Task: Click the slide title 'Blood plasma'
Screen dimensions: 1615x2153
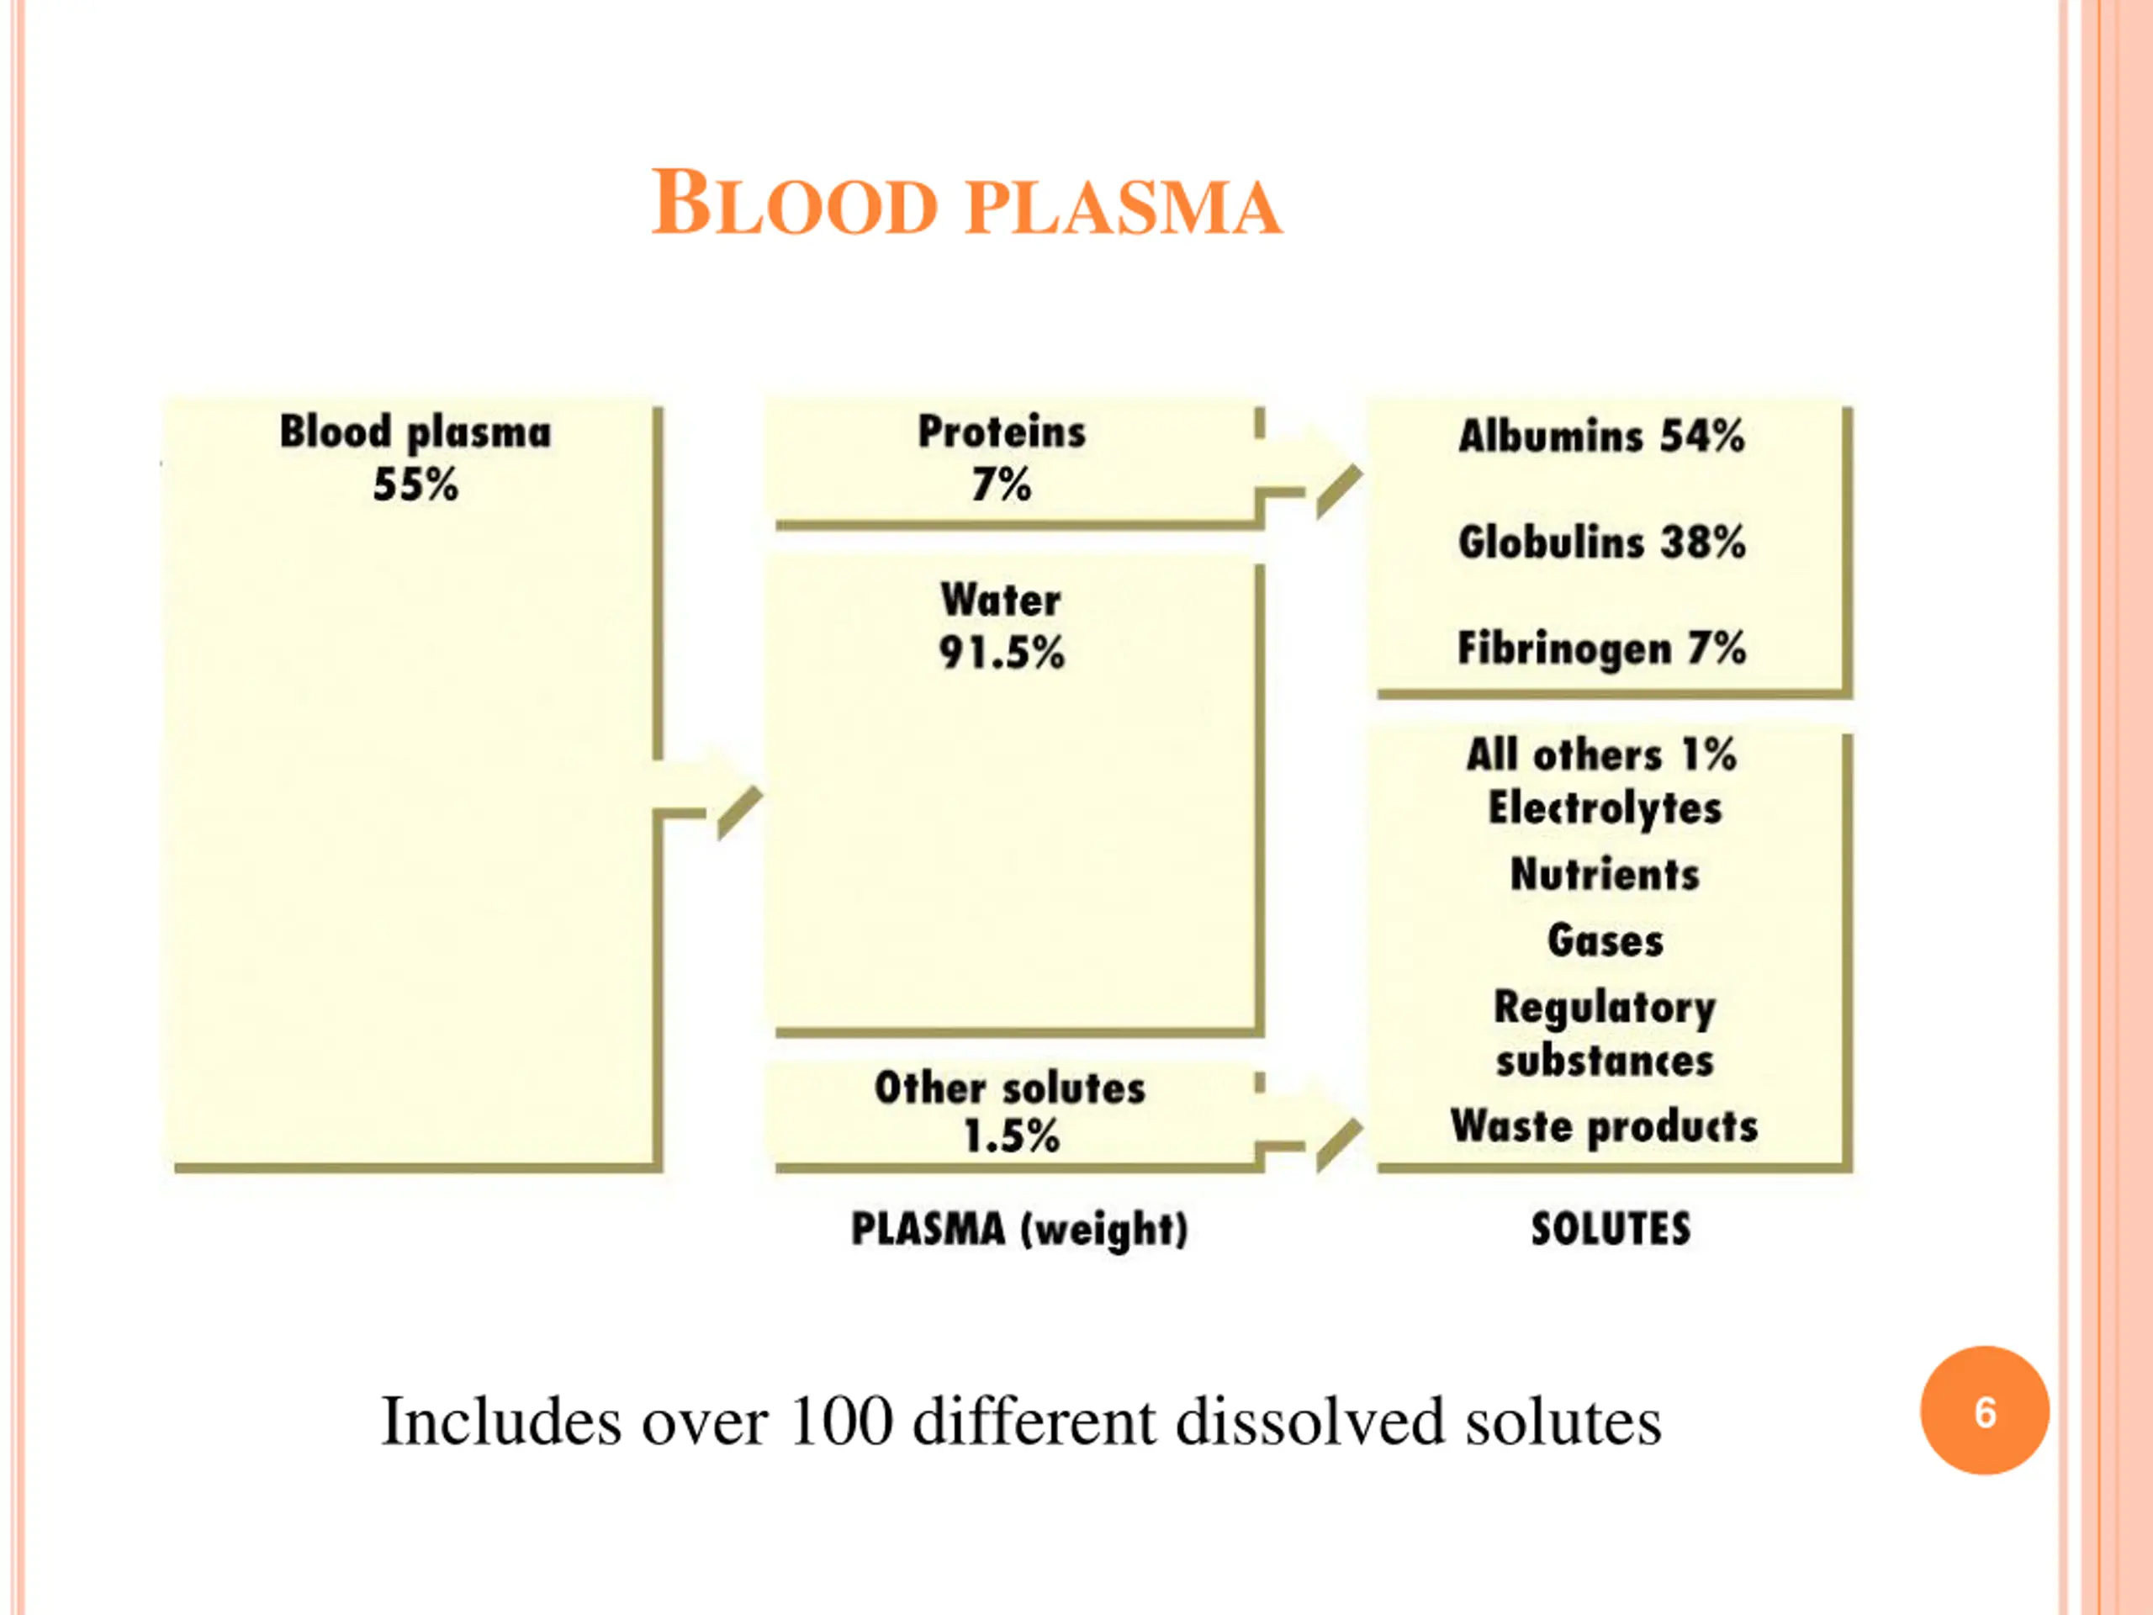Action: coord(966,204)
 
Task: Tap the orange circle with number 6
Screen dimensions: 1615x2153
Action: coord(1985,1411)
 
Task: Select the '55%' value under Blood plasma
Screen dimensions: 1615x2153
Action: coord(415,484)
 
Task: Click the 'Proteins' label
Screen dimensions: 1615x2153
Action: coord(1002,432)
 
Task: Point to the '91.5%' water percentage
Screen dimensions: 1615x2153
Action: coord(1002,652)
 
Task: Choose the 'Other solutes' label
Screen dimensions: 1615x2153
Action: coord(1009,1088)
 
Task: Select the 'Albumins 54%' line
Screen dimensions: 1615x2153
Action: coord(1601,436)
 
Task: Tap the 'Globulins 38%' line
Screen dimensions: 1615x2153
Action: coord(1601,543)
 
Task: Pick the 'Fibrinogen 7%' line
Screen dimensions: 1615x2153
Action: coord(1601,649)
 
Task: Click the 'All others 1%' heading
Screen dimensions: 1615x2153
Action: coord(1601,755)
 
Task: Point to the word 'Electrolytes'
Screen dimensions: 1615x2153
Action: coord(1605,808)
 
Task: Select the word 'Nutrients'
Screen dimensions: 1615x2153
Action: coord(1605,874)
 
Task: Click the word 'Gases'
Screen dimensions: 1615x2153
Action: coord(1605,940)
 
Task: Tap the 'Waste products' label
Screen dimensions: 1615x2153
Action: coord(1605,1126)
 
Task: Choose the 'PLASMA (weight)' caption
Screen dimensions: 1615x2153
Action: coord(1019,1229)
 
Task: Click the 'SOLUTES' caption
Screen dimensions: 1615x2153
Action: coord(1611,1229)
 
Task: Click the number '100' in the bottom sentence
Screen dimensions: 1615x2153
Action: coord(841,1422)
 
